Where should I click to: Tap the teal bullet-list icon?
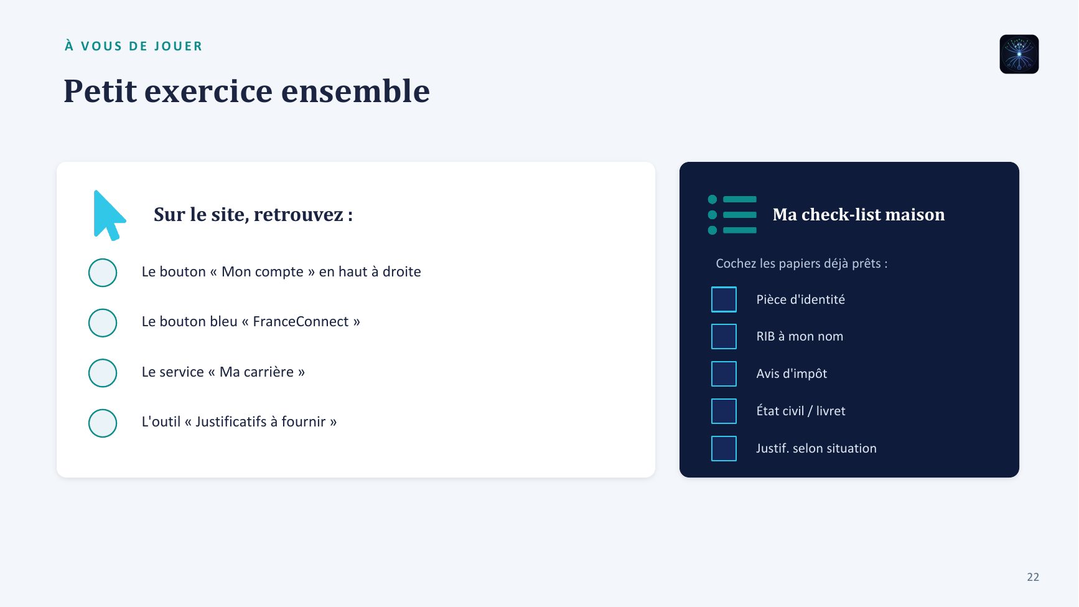732,215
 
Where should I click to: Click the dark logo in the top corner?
1019,54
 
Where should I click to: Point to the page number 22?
1033,577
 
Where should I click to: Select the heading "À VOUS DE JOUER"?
134,46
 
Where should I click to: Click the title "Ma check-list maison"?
859,215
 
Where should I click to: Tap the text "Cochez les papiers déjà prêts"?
798,263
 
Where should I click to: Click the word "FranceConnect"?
301,321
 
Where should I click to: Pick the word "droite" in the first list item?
402,271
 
